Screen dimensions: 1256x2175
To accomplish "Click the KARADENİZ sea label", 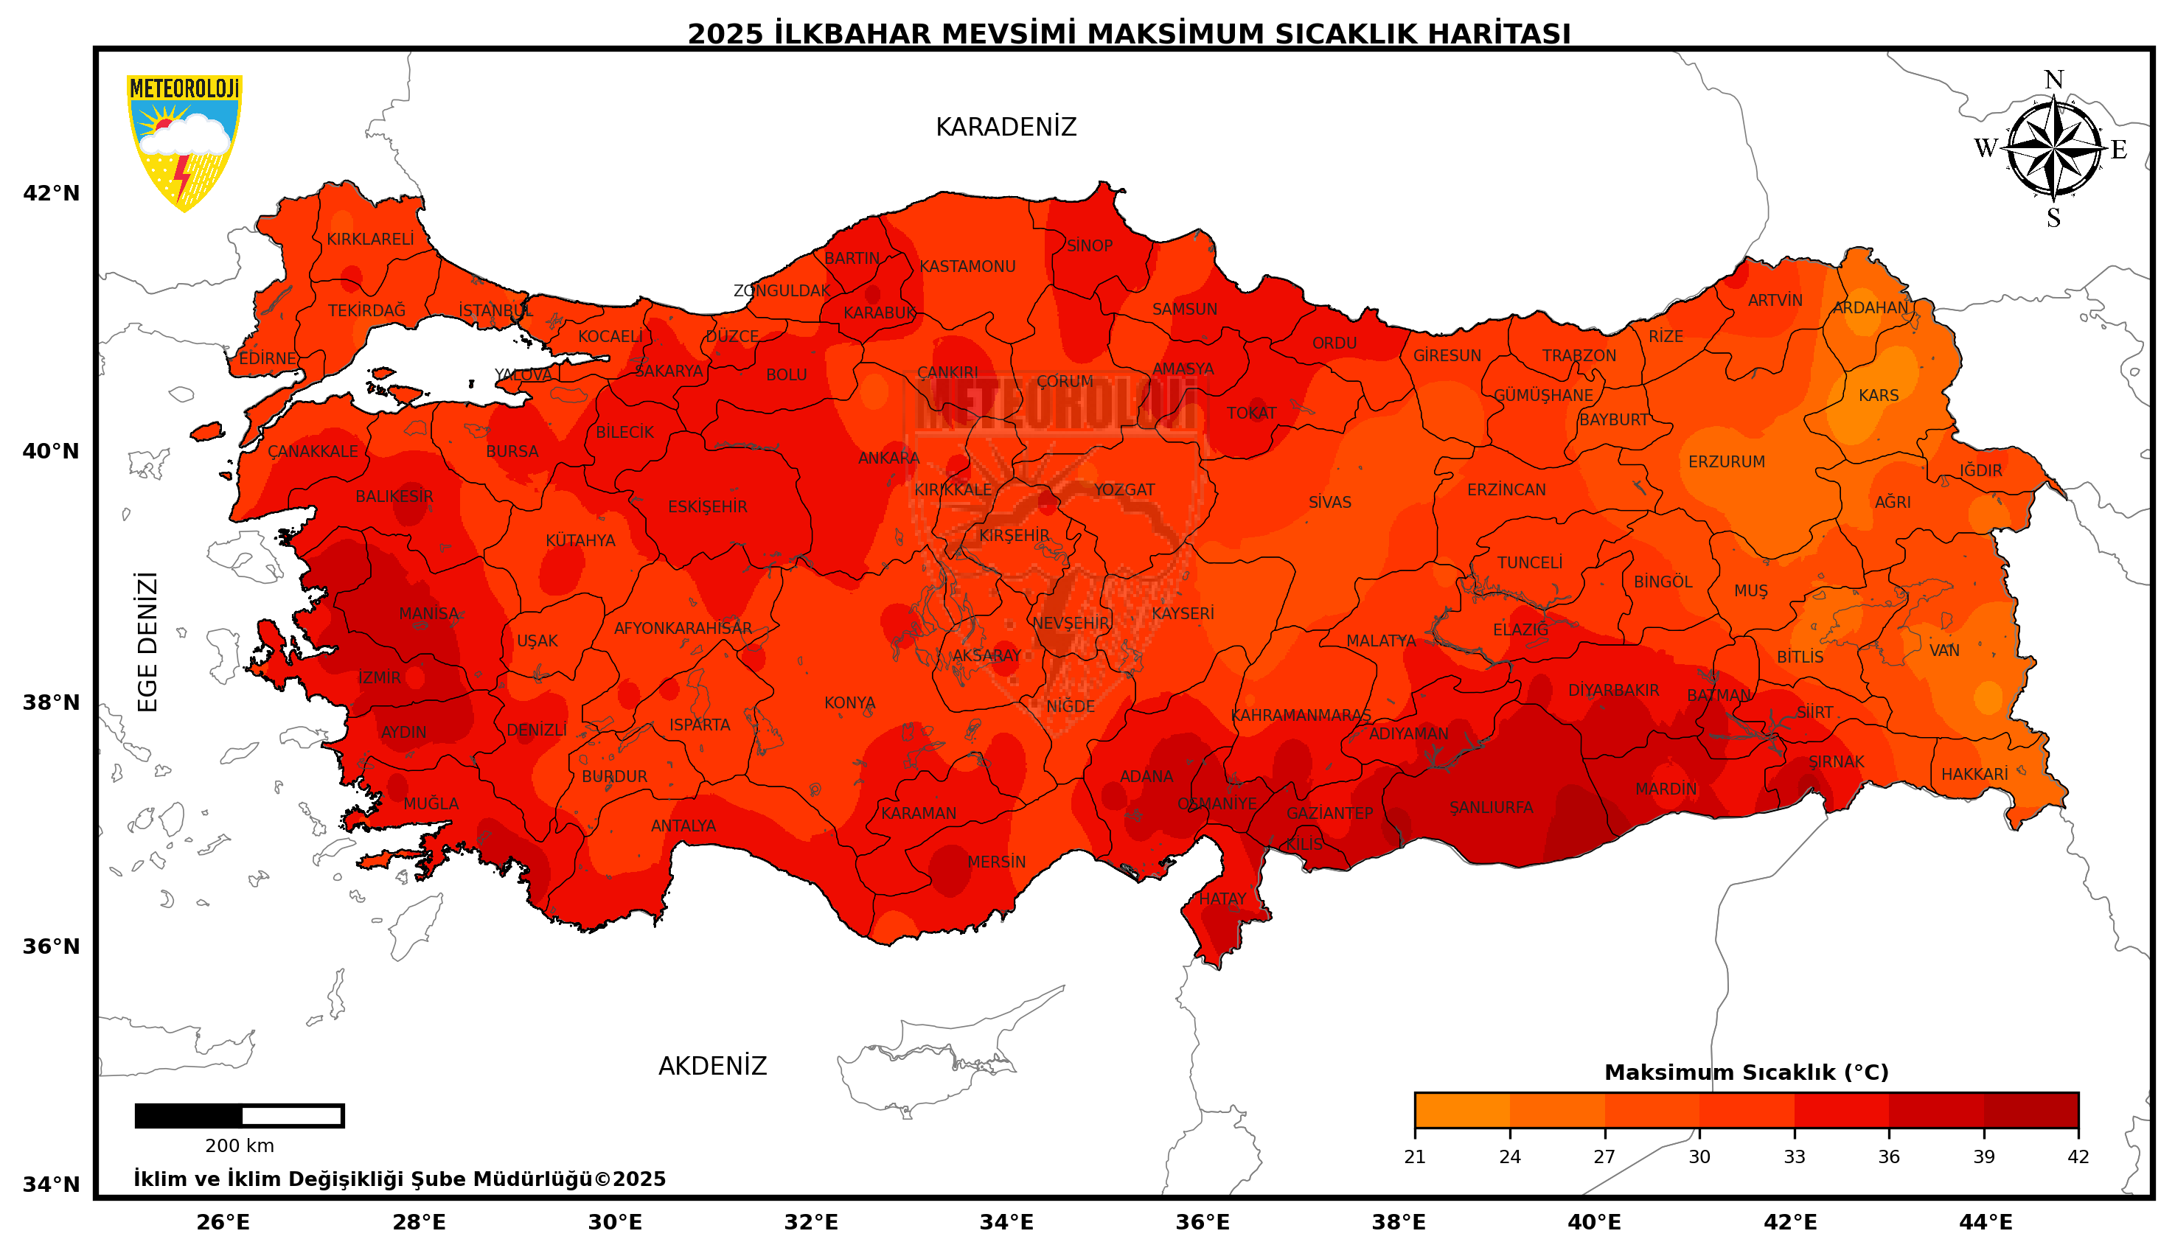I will [x=1005, y=128].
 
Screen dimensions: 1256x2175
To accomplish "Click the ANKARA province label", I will [x=888, y=458].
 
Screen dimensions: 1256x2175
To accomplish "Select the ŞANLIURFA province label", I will [x=1491, y=807].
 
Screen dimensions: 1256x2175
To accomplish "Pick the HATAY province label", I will [x=1222, y=899].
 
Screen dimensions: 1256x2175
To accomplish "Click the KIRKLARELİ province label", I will [x=370, y=239].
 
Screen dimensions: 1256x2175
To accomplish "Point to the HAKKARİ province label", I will [x=1974, y=774].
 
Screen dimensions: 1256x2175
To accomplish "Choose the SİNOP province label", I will [x=1089, y=246].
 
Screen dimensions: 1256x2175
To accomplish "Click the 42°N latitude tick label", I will [x=51, y=193].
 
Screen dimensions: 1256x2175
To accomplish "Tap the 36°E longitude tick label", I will [x=1202, y=1222].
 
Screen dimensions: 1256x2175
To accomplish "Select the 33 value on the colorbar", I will [x=1794, y=1156].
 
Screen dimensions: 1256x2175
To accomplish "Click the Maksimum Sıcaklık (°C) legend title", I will [x=1745, y=1072].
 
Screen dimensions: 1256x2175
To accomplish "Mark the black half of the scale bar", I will [x=189, y=1115].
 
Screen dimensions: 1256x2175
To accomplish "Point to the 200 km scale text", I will [x=239, y=1146].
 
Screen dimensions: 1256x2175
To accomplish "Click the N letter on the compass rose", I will [x=2053, y=80].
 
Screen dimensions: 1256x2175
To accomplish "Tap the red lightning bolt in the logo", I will [x=181, y=176].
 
